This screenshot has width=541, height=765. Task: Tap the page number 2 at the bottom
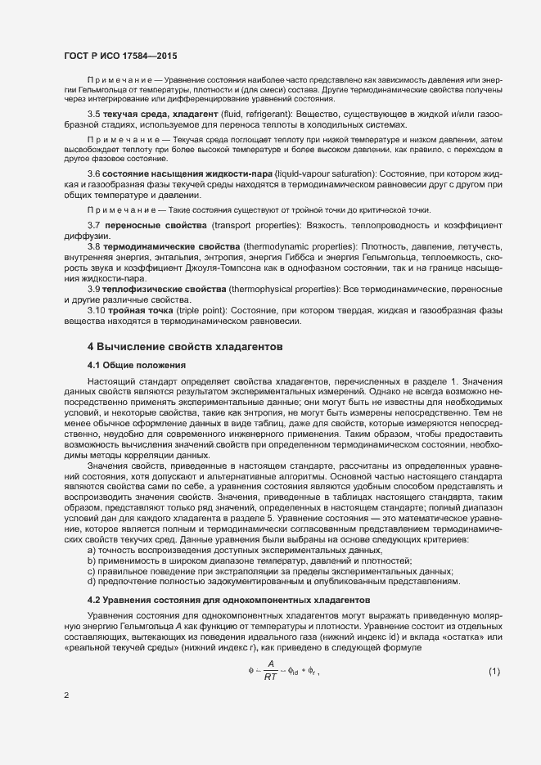pos(66,696)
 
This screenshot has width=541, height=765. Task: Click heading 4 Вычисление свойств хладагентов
pos(186,347)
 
